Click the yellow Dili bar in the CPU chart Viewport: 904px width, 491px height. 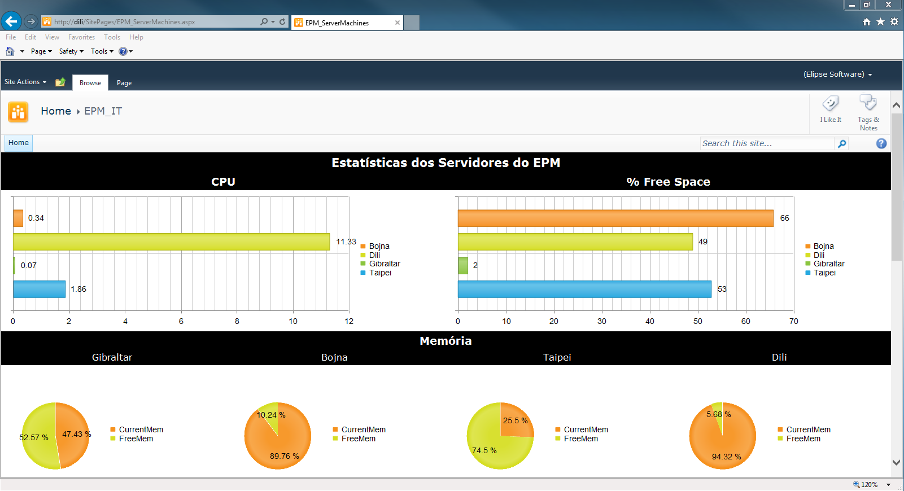pos(171,242)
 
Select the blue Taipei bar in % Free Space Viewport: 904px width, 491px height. pos(584,290)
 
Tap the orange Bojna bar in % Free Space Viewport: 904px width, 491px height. pos(615,218)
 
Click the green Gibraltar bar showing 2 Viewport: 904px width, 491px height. pos(463,265)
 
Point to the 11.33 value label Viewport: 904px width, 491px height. pos(346,242)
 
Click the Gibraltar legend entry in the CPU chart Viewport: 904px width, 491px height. pos(380,264)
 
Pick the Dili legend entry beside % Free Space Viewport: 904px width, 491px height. pos(814,255)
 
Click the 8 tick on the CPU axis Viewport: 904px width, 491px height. pos(237,321)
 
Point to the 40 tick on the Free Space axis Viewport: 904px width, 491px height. pos(650,321)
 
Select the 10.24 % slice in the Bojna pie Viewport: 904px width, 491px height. pos(269,415)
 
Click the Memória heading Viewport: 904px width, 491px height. pos(446,341)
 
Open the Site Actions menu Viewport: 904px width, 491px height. pos(25,82)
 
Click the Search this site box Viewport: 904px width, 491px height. pos(767,143)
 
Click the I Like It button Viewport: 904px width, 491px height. pos(831,109)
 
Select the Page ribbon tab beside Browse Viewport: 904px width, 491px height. pos(124,83)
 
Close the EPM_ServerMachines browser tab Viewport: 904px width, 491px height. pos(397,23)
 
